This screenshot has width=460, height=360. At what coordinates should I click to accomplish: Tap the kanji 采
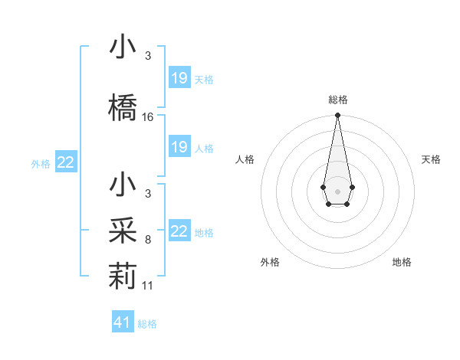click(123, 231)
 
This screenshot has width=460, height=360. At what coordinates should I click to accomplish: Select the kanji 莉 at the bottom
click(123, 274)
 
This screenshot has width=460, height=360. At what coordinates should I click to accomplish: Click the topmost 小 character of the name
click(123, 47)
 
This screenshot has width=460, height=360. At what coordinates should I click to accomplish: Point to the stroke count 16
click(148, 117)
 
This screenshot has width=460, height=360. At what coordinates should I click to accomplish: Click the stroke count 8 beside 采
click(147, 240)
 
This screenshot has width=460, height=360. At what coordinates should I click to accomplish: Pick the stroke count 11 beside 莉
click(148, 285)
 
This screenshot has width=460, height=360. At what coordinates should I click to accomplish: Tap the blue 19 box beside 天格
click(179, 78)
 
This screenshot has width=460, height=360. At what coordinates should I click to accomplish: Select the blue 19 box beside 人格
click(179, 147)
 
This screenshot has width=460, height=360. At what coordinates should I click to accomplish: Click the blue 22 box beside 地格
click(179, 231)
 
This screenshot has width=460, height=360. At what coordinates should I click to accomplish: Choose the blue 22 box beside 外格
click(66, 162)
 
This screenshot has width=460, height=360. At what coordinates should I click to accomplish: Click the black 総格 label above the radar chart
click(338, 100)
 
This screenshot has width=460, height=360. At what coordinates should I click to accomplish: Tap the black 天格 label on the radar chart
click(432, 159)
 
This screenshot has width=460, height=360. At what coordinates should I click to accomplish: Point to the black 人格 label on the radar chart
click(245, 159)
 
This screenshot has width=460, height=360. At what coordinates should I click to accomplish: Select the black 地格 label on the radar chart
click(402, 262)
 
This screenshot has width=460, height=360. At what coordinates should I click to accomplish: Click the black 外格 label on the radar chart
click(270, 262)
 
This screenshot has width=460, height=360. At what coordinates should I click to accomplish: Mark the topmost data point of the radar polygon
click(337, 116)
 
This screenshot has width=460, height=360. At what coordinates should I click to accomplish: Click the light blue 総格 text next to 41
click(147, 324)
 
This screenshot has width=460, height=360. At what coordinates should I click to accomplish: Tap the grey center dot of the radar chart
click(337, 190)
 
